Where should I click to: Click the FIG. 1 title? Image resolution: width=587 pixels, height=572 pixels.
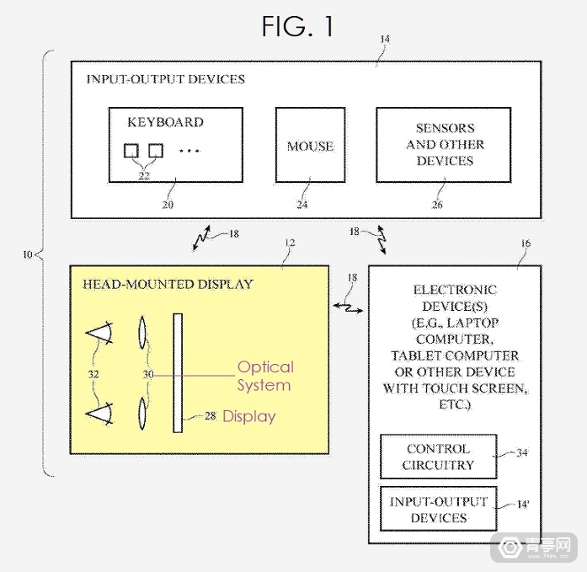(297, 26)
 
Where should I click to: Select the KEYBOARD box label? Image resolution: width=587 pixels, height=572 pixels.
(165, 122)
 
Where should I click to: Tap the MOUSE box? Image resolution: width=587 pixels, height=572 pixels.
(310, 146)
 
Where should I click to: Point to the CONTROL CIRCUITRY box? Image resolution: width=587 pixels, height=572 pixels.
(438, 457)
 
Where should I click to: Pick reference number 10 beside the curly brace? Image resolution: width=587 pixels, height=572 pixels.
(29, 254)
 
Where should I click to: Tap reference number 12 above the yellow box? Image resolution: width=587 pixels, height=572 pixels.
(289, 243)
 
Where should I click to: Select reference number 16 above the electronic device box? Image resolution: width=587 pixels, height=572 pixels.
(525, 243)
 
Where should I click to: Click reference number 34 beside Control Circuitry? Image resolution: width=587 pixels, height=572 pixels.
(521, 453)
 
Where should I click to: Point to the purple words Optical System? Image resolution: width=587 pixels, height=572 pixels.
(264, 376)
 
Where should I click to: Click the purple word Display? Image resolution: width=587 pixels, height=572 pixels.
(248, 416)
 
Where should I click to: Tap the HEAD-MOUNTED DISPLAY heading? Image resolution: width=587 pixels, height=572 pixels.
(168, 284)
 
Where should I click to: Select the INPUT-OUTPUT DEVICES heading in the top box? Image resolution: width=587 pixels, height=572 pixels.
(165, 79)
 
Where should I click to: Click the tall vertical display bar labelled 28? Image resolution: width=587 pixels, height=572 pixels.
(178, 372)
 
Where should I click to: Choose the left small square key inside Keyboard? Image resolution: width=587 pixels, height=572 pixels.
(131, 150)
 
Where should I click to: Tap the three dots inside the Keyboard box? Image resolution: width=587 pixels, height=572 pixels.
(190, 151)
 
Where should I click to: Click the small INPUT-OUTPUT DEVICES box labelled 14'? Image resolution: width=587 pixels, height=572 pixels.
(438, 510)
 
